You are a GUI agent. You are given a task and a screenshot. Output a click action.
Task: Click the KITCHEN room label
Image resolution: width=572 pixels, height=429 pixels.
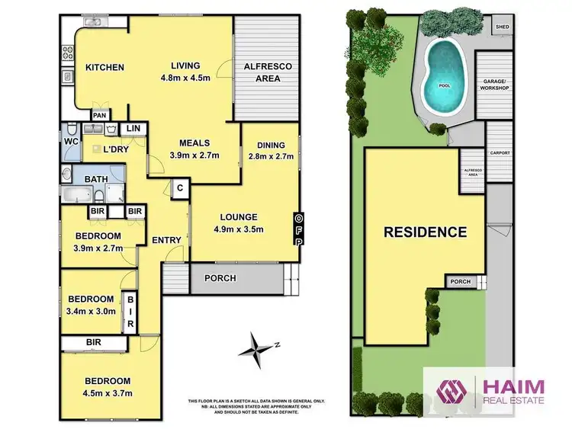tap(104, 68)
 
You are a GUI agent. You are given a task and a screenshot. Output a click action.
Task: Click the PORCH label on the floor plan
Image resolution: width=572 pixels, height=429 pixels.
tap(220, 278)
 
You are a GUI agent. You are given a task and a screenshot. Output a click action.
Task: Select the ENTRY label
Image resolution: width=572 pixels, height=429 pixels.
tap(166, 240)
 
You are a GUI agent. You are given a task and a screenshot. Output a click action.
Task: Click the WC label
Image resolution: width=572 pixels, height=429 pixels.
tap(72, 141)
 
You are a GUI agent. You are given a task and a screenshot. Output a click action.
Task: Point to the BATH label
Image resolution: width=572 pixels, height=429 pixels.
tap(95, 180)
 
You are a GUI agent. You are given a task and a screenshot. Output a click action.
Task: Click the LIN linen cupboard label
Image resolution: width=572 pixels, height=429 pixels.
tap(133, 129)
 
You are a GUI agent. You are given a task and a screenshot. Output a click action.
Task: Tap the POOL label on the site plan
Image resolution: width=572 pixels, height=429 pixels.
tap(445, 85)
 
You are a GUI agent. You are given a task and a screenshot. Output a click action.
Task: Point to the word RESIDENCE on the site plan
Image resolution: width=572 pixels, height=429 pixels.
tap(424, 232)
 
